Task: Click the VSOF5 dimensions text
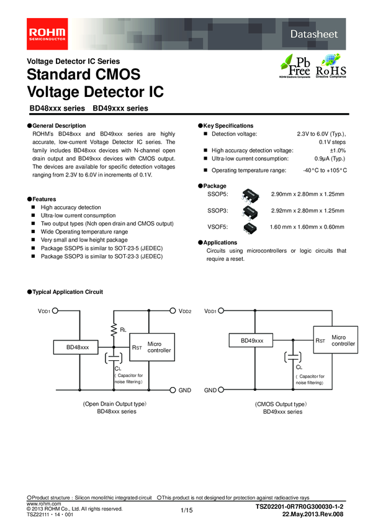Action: (307, 227)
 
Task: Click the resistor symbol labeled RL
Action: (113, 328)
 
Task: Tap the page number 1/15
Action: (186, 510)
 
